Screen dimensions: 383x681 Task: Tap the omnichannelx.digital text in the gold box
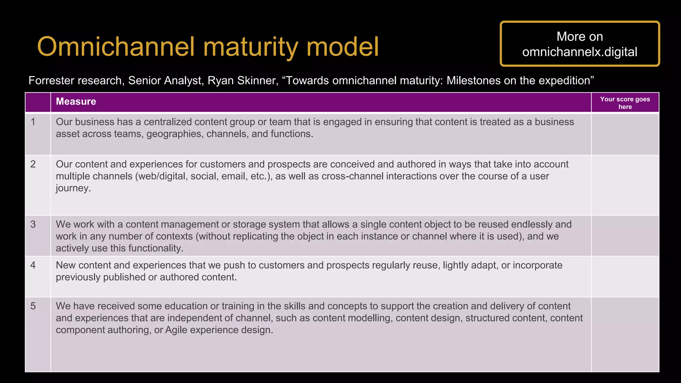(580, 52)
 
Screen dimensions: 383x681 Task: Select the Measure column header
(76, 101)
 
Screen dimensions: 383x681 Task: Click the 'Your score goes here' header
(625, 103)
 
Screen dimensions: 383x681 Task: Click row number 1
(33, 122)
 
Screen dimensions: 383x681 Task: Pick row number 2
(33, 164)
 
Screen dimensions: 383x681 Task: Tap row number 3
(33, 224)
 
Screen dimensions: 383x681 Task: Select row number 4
(33, 265)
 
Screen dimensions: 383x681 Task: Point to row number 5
(33, 306)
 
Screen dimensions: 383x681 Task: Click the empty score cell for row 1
(625, 134)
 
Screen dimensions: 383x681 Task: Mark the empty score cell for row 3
(625, 236)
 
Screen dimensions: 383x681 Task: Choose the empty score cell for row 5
(625, 334)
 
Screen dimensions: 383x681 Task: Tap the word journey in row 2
(73, 189)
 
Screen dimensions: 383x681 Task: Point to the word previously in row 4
(78, 277)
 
